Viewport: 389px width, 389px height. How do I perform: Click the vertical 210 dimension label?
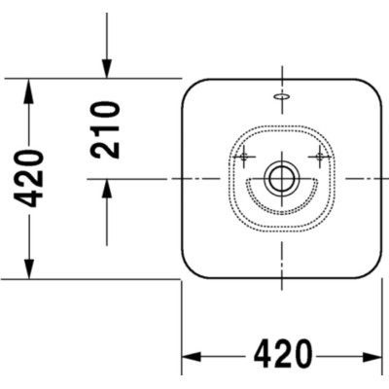point(105,129)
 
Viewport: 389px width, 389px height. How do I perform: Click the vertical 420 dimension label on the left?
point(28,178)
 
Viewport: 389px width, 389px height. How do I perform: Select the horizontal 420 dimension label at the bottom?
point(283,354)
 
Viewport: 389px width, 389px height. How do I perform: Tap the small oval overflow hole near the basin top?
point(282,96)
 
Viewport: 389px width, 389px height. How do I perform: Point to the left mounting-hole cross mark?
point(244,157)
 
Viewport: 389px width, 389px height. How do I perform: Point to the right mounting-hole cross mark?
point(320,157)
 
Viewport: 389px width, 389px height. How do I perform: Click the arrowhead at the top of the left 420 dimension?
point(29,90)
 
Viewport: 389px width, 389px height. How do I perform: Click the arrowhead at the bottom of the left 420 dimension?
point(29,267)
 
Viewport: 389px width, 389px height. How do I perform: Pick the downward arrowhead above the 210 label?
point(107,69)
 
